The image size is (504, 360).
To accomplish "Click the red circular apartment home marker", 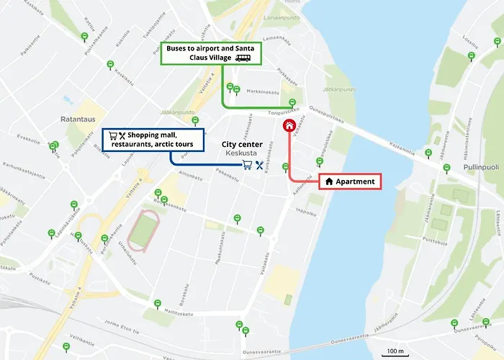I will click(289, 126).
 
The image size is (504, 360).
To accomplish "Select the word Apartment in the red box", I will click(356, 181).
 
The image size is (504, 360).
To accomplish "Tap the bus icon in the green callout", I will click(243, 58).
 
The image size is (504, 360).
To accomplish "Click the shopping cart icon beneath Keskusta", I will click(247, 165).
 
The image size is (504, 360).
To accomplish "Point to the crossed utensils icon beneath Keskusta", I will click(259, 165).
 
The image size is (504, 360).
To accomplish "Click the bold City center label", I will click(241, 144).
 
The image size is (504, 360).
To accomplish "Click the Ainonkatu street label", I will click(189, 175).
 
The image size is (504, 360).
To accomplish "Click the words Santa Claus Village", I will click(200, 58).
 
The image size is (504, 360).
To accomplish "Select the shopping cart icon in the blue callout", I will click(112, 135).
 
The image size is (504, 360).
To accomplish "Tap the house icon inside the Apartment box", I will click(329, 181).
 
